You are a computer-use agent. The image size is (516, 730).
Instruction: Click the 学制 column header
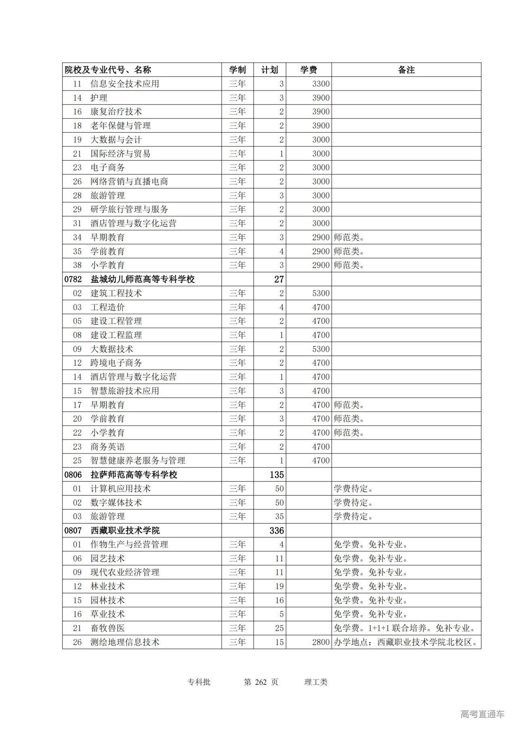pos(237,70)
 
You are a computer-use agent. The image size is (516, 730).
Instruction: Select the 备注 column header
pos(406,70)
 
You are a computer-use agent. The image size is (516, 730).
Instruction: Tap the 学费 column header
pos(308,70)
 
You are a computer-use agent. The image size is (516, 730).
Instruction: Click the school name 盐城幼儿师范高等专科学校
pos(142,279)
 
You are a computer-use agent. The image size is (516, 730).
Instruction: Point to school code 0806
pos(73,475)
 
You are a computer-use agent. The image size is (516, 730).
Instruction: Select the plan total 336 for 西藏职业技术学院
pos(277,530)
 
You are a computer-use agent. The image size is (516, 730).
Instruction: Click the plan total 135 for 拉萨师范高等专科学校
pos(277,475)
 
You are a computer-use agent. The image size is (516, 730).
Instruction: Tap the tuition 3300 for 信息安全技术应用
pos(320,84)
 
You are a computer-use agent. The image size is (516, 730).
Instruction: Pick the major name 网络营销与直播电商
pos(129,181)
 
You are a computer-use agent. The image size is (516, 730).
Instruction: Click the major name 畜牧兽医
pos(108,628)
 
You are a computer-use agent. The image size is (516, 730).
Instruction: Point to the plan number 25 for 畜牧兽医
pos(279,628)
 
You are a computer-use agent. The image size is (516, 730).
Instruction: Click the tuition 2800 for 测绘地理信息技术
pos(320,642)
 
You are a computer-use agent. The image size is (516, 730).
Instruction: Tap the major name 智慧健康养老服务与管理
pos(137,461)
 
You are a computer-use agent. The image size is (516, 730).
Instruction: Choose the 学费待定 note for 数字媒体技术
pos(354,503)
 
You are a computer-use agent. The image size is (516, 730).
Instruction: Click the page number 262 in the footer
pos(261,682)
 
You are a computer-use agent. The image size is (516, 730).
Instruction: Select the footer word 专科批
pos(199,682)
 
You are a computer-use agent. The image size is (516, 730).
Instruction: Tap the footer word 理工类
pos(316,682)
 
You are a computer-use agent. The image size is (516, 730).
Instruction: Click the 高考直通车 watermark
pos(482,714)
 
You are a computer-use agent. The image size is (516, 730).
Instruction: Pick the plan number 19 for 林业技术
pos(279,586)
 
